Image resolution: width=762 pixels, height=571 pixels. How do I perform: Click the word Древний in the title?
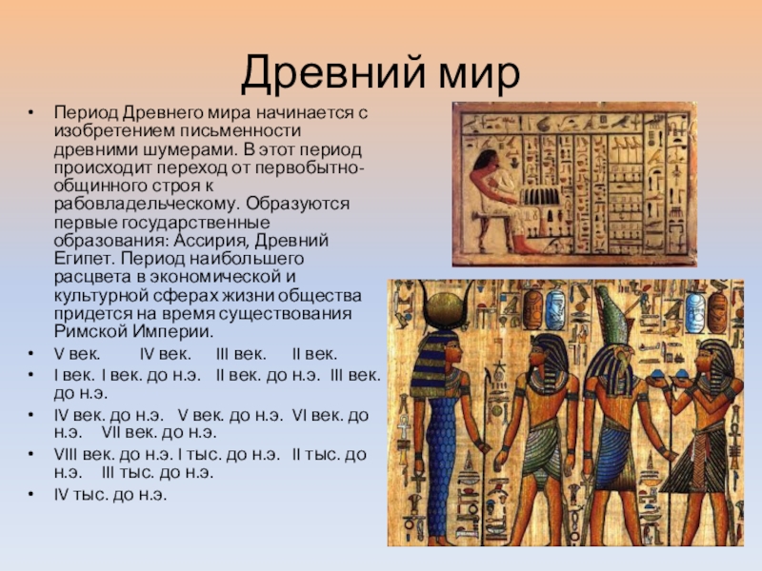pyautogui.click(x=333, y=74)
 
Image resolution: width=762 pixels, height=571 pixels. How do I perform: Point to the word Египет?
pyautogui.click(x=84, y=259)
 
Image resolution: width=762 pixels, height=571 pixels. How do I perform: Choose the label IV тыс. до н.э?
pyautogui.click(x=110, y=495)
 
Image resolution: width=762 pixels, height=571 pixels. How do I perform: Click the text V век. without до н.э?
pyautogui.click(x=77, y=354)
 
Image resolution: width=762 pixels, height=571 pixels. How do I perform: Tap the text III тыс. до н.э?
pyautogui.click(x=157, y=472)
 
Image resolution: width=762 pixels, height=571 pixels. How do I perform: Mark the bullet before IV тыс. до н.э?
pyautogui.click(x=31, y=494)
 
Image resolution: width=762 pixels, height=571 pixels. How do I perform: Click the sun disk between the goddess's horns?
pyautogui.click(x=445, y=306)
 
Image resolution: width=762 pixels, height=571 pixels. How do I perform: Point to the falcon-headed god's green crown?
pyautogui.click(x=612, y=316)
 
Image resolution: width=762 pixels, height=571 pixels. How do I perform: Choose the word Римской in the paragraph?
pyautogui.click(x=93, y=332)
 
